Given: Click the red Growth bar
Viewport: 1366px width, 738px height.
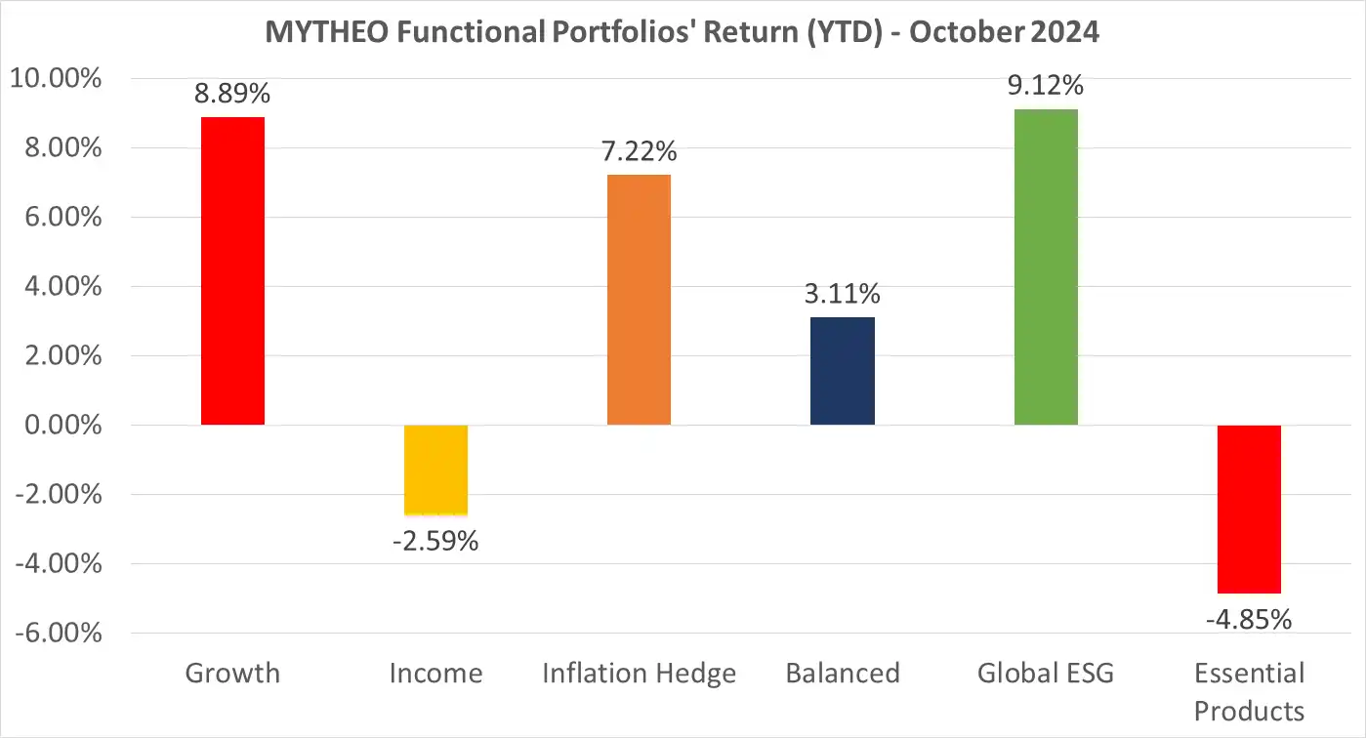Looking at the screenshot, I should [232, 271].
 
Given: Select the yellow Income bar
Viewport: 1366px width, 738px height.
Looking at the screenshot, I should [435, 470].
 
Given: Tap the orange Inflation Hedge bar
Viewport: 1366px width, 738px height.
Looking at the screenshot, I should [639, 300].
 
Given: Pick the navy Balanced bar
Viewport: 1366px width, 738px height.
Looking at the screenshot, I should [843, 371].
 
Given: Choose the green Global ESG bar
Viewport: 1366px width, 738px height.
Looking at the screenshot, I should [1046, 267].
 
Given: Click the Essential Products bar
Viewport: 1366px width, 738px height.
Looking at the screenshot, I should [1249, 509].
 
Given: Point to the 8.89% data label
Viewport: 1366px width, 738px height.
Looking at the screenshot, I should [232, 94].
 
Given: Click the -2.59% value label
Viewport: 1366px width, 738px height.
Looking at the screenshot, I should [435, 540].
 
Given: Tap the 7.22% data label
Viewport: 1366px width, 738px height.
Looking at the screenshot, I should [639, 151].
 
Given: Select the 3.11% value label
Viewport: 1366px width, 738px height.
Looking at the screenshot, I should [843, 294].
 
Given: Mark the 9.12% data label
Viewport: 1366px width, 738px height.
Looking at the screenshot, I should [1046, 86].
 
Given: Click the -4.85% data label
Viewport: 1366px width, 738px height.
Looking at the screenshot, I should [1249, 619].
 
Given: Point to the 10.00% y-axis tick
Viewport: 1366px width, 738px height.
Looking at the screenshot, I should [56, 79].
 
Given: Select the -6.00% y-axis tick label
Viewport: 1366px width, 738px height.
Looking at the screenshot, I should [56, 634].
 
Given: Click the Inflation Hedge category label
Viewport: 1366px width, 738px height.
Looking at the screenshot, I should [639, 674].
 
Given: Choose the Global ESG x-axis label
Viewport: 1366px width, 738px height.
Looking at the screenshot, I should [1046, 674].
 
